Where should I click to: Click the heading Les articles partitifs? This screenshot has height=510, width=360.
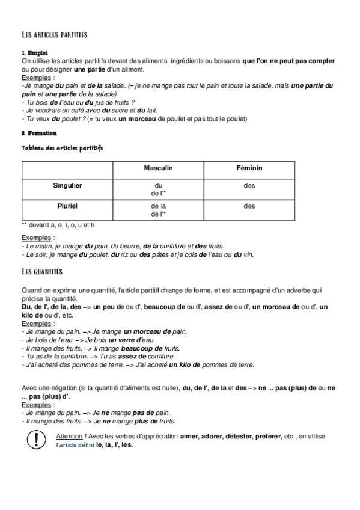click(x=54, y=35)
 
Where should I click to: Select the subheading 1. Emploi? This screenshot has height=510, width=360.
click(x=34, y=53)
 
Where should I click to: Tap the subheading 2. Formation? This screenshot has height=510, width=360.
click(x=39, y=133)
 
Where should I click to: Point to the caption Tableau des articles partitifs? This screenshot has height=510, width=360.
click(x=63, y=147)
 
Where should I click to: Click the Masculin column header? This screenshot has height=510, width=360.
click(x=159, y=169)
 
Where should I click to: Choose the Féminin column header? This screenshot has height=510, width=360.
click(x=249, y=169)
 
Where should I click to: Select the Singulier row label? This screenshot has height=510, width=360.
click(x=67, y=186)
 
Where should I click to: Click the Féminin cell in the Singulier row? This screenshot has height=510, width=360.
click(x=249, y=186)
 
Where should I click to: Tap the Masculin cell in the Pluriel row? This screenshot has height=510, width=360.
click(x=159, y=209)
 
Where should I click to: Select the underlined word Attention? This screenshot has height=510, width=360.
click(x=69, y=435)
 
